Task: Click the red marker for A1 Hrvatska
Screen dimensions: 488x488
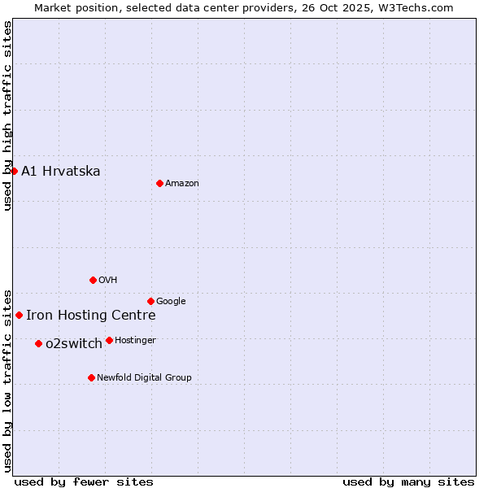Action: (x=14, y=171)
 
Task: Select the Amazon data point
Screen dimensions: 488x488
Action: (x=159, y=183)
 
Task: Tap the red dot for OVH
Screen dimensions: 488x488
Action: (x=93, y=280)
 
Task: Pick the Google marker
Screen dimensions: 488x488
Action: (x=150, y=301)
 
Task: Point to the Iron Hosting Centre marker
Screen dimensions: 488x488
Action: (x=19, y=315)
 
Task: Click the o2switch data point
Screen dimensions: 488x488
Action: (x=38, y=343)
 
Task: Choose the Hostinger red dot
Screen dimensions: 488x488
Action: (x=109, y=340)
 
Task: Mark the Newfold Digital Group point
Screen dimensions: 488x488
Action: (x=91, y=377)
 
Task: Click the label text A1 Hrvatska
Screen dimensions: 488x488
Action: (x=61, y=171)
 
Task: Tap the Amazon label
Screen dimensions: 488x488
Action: (x=182, y=184)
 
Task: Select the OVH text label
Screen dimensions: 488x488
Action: (x=108, y=281)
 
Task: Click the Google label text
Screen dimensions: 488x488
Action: (x=171, y=302)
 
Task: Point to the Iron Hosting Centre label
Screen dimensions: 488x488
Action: (x=90, y=316)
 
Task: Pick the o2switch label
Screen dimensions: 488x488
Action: (x=74, y=344)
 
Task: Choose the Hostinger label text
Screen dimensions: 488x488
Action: (x=135, y=341)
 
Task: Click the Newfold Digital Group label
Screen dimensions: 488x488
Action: (x=144, y=378)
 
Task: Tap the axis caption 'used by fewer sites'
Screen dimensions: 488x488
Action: (x=84, y=481)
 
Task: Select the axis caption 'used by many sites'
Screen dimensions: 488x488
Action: (x=408, y=481)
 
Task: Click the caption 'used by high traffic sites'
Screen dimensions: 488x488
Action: (x=7, y=115)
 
